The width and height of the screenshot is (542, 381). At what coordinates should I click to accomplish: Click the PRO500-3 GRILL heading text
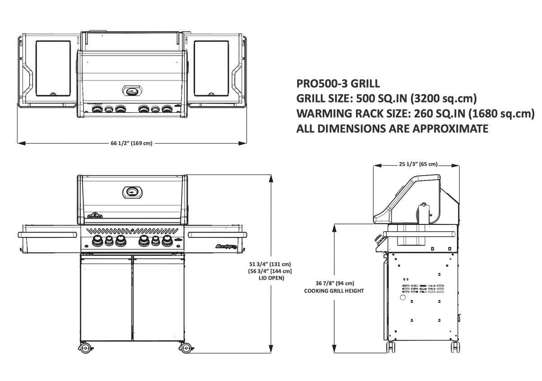[338, 84]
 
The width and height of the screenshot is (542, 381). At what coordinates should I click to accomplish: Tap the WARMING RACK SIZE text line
[415, 113]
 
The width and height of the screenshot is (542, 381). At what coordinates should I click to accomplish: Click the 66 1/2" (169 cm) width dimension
[131, 144]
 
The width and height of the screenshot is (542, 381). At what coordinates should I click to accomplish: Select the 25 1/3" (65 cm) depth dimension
[418, 164]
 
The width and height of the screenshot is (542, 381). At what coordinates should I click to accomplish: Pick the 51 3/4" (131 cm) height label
[270, 264]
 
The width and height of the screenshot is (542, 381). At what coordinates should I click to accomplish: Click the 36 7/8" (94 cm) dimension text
[335, 283]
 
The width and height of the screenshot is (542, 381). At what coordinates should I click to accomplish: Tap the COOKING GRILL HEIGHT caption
[334, 291]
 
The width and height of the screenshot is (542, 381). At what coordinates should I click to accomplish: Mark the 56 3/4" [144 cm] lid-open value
[270, 271]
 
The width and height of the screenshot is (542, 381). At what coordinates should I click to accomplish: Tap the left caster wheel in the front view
[84, 348]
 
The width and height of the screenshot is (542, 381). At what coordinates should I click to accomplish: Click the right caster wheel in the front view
[185, 348]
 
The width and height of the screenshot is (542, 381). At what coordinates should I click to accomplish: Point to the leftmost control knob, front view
[97, 241]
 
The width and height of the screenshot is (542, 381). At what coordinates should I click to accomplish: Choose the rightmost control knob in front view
[167, 241]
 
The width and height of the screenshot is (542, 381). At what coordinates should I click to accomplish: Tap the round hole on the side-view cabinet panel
[402, 298]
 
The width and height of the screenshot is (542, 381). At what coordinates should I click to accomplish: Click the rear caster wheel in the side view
[455, 347]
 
